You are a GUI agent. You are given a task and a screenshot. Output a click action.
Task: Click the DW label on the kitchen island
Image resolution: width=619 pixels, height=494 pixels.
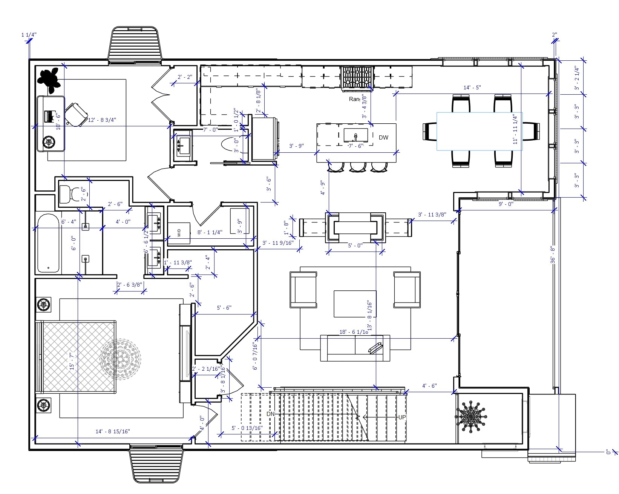coord(383,138)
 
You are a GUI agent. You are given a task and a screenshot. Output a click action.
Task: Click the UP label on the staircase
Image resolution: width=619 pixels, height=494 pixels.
coord(402,417)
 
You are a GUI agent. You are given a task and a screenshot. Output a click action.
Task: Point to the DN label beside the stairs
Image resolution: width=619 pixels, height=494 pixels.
coord(270,414)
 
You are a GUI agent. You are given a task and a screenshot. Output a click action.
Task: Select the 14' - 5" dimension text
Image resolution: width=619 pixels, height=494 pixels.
coord(472,88)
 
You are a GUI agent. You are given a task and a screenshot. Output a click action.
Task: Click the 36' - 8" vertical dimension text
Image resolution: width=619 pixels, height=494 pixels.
coord(553,255)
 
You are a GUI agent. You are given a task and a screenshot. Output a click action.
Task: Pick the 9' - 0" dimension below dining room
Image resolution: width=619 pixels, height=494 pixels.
coord(506,204)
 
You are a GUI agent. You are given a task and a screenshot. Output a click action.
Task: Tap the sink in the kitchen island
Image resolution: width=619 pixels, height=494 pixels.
coord(355,135)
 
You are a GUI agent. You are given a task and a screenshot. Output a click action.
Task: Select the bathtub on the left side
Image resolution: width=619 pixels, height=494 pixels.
coord(49,243)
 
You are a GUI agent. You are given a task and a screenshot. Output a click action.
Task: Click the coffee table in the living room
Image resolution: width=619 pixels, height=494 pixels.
coord(355,304)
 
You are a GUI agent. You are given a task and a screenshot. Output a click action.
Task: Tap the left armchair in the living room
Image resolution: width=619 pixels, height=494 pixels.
coord(303,290)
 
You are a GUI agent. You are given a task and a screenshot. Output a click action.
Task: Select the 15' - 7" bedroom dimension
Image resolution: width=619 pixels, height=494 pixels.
coord(72,361)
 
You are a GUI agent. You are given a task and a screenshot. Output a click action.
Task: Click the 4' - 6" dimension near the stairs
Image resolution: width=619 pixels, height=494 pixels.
coord(429,386)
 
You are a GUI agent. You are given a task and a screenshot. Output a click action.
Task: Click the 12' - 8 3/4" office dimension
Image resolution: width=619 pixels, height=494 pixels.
coord(102,120)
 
